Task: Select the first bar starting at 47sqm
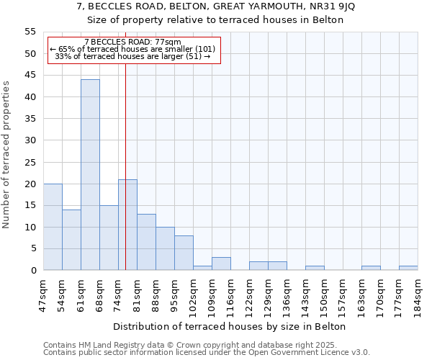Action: coord(53,227)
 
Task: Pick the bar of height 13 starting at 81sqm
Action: coord(146,242)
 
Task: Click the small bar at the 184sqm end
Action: coord(408,268)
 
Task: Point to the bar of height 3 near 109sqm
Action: coord(221,264)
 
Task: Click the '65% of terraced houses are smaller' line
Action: coord(132,49)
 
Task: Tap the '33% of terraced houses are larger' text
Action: coord(132,56)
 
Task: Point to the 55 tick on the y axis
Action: coord(30,32)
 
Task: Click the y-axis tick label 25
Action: coord(30,162)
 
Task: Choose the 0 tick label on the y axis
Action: coord(33,271)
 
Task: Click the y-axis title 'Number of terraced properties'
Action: coord(6,155)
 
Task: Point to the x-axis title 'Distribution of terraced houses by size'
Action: coord(230,326)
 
